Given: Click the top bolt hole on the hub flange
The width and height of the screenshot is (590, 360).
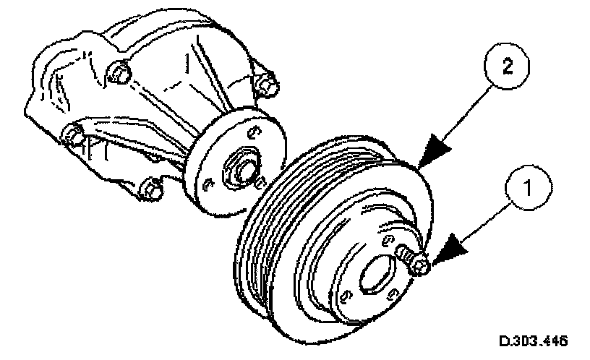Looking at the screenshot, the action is click(x=252, y=132).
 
